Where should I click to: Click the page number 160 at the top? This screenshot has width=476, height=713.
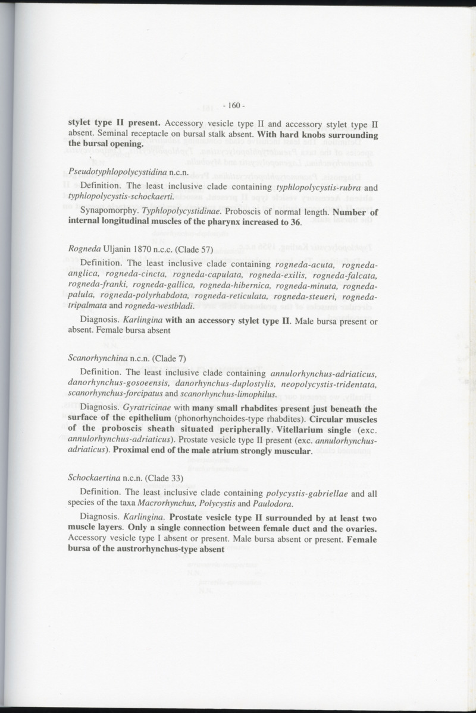click(230, 106)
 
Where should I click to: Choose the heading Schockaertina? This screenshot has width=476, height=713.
click(94, 478)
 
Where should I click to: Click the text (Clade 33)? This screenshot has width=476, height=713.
click(163, 478)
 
